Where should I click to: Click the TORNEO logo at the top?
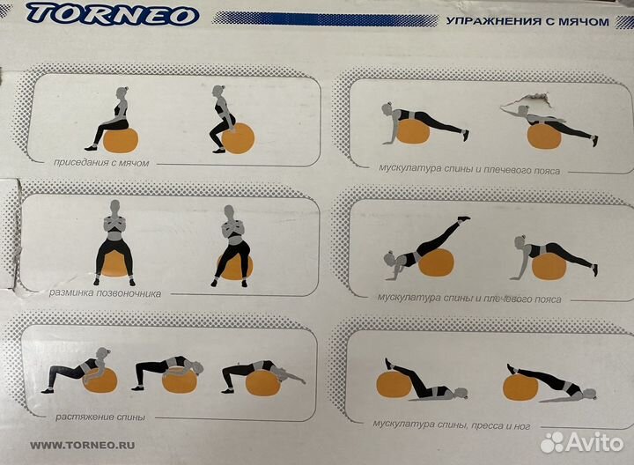coord(114,14)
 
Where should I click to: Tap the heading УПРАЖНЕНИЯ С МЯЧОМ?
coord(527,21)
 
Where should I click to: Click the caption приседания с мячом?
coord(101,163)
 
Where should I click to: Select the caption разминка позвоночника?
coord(105,293)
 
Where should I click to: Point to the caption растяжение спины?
coord(100,417)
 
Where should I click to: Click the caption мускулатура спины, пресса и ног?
coord(451,424)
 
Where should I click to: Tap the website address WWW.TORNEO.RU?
coord(83,446)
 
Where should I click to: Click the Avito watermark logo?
coord(581,442)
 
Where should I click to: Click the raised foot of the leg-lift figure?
coord(462,218)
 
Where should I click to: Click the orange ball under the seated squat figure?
coord(121,140)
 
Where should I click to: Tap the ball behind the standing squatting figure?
coord(239,138)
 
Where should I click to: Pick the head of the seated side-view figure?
coord(122,93)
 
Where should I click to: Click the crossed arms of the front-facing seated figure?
coord(114,224)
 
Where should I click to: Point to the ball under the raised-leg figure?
coord(436,262)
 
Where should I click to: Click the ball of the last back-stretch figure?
coord(262,383)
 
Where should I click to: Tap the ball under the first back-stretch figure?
coord(100,380)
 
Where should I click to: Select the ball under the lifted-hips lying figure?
coord(520,387)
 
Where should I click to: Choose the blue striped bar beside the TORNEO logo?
coord(325,18)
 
